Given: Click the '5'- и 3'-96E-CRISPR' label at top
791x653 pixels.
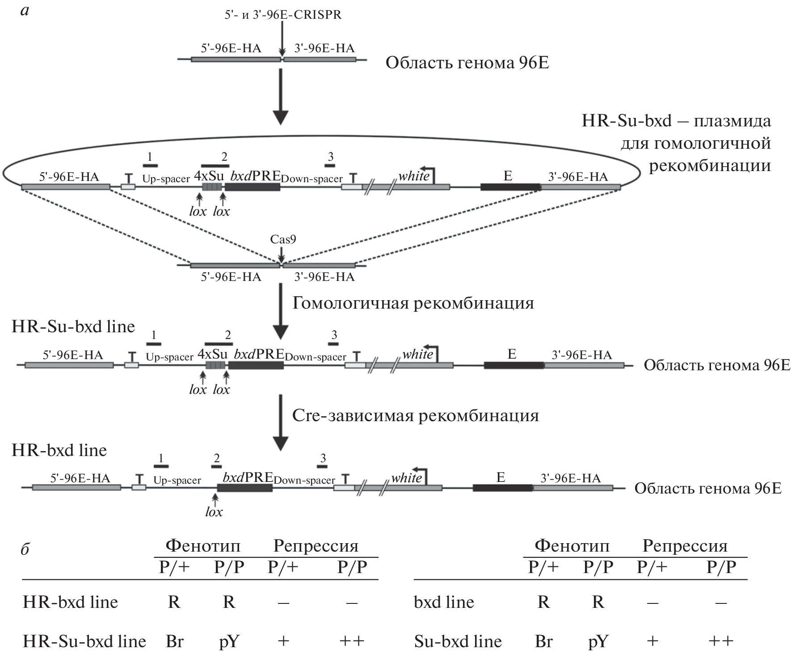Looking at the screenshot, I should tap(282, 15).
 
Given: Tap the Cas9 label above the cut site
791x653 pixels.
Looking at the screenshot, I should tap(283, 240).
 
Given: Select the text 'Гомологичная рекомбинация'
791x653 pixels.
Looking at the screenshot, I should tap(413, 303).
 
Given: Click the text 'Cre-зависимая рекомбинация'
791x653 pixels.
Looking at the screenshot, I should tap(415, 416).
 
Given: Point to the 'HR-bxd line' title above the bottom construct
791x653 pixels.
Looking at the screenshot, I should tap(59, 450).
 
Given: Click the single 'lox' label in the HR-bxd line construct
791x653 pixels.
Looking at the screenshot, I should tap(214, 512).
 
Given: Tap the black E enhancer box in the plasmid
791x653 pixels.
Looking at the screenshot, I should tap(510, 187).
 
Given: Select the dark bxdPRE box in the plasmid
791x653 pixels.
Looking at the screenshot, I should tap(252, 187).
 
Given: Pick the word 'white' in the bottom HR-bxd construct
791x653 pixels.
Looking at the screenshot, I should tap(406, 478).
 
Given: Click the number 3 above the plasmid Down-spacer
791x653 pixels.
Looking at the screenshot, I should tap(330, 157).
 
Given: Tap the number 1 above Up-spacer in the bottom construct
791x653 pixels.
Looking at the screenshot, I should tap(161, 458).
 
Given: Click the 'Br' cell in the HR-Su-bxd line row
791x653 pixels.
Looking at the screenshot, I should tap(174, 641).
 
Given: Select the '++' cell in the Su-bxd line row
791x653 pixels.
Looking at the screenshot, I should tap(720, 641).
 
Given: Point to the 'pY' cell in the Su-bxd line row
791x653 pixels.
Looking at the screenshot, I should tap(598, 641).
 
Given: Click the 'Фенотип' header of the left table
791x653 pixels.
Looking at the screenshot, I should tap(202, 546).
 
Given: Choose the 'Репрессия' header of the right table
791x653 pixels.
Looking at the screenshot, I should tap(685, 546).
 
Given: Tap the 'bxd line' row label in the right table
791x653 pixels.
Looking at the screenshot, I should tap(444, 603).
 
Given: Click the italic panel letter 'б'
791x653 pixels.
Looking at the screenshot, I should tap(25, 549).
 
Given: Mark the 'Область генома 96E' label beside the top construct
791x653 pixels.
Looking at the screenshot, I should tap(467, 63).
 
